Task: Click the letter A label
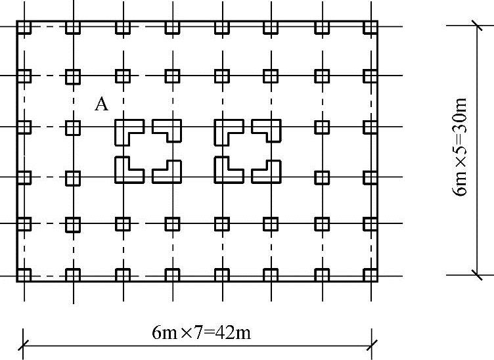pos(101,104)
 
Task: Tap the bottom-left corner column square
pos(24,275)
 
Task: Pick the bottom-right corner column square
pos(370,275)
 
